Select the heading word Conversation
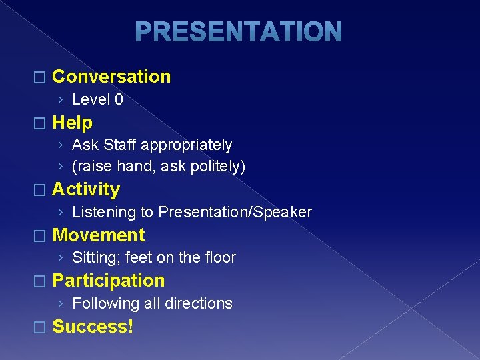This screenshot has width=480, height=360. coord(111,77)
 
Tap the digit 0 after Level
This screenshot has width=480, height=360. coord(119,100)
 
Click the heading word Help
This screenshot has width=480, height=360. coord(72,123)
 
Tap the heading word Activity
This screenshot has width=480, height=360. coord(86,189)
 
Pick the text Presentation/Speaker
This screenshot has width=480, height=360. coord(235,213)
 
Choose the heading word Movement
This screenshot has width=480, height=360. coord(98,235)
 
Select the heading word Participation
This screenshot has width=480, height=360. coord(108,281)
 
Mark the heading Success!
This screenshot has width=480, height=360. coord(93,327)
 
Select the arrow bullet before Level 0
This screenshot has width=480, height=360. coord(60,100)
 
